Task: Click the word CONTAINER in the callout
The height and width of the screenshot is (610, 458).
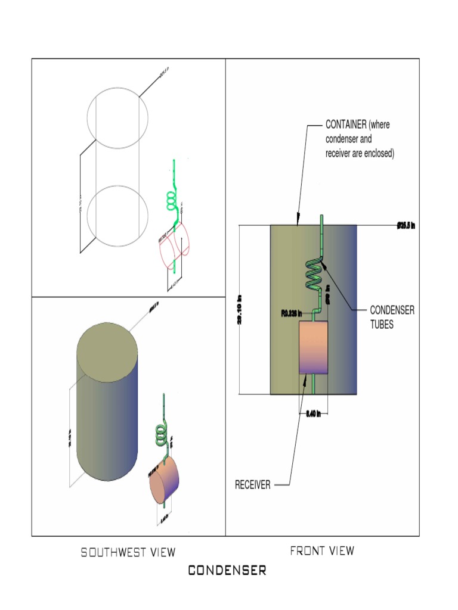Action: click(345, 125)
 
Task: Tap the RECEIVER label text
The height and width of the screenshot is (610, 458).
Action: click(253, 485)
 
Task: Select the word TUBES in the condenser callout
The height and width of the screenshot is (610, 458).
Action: click(382, 326)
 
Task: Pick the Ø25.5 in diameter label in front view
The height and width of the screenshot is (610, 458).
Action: click(406, 226)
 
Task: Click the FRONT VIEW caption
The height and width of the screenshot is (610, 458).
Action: click(321, 551)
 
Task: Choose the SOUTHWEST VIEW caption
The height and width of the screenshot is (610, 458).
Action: click(128, 552)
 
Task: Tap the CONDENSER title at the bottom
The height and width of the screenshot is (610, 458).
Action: click(227, 571)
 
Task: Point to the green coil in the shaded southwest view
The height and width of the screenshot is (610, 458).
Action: click(162, 434)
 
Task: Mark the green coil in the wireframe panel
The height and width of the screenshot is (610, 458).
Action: click(171, 202)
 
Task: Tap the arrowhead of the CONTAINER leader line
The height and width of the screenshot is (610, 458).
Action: click(298, 223)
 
